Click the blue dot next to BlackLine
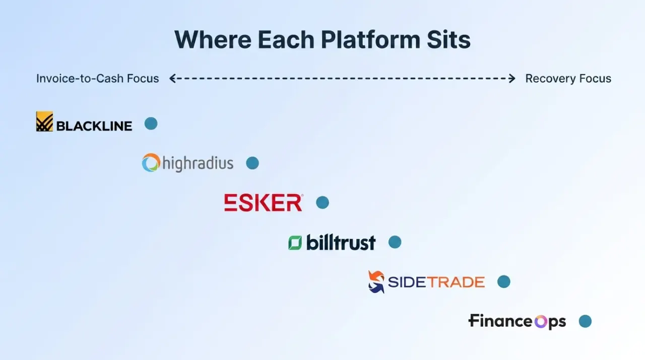coord(151,124)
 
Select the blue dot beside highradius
coord(252,163)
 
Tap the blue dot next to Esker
coord(322,203)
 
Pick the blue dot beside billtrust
coord(395,242)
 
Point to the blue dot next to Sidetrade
coord(504,282)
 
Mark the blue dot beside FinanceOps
coord(585,321)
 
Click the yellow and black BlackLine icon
coord(44,122)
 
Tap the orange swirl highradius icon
coord(151,163)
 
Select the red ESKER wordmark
coord(264,203)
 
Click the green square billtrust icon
coord(295,243)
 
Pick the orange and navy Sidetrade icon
coord(376,282)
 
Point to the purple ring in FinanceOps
coord(541,322)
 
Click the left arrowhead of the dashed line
coord(172,78)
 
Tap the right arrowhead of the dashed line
coord(512,78)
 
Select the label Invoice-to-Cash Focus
coord(97,78)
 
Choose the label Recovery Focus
coord(568,78)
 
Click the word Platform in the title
coord(371,39)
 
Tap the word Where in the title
coord(213,39)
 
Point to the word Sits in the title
coord(448,39)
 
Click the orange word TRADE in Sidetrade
coord(456,282)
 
